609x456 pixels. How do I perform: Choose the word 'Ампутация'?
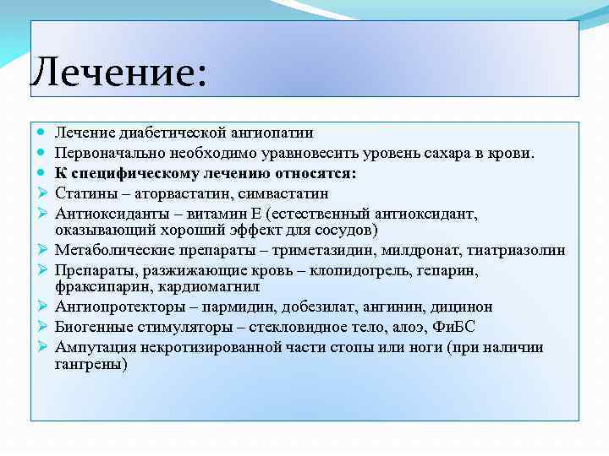pos(91,347)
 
